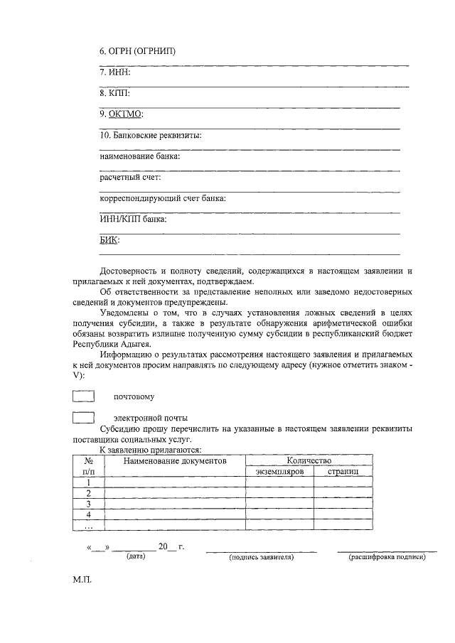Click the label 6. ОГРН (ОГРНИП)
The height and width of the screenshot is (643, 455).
tap(137, 52)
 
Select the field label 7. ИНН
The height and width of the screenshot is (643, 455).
tap(114, 72)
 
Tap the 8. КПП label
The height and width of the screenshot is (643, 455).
tap(114, 93)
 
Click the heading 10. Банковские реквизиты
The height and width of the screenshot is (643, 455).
tap(150, 135)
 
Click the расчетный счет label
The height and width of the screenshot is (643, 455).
tap(130, 177)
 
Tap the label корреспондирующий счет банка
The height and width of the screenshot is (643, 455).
tap(162, 198)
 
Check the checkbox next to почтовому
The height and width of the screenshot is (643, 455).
tap(84, 396)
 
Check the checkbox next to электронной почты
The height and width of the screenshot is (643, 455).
tap(84, 418)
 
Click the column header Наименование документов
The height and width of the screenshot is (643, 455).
tap(174, 461)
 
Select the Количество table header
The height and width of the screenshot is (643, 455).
tap(309, 461)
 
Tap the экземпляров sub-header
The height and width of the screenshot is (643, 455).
tap(279, 472)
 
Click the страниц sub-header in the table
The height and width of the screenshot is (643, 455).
tap(342, 472)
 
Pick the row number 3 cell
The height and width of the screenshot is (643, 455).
tap(89, 503)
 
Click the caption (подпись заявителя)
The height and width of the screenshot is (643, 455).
tap(261, 557)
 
